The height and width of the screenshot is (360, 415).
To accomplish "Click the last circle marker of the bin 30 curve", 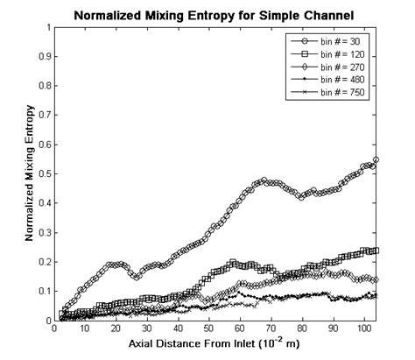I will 376,159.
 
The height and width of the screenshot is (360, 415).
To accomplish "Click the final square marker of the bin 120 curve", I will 376,251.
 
